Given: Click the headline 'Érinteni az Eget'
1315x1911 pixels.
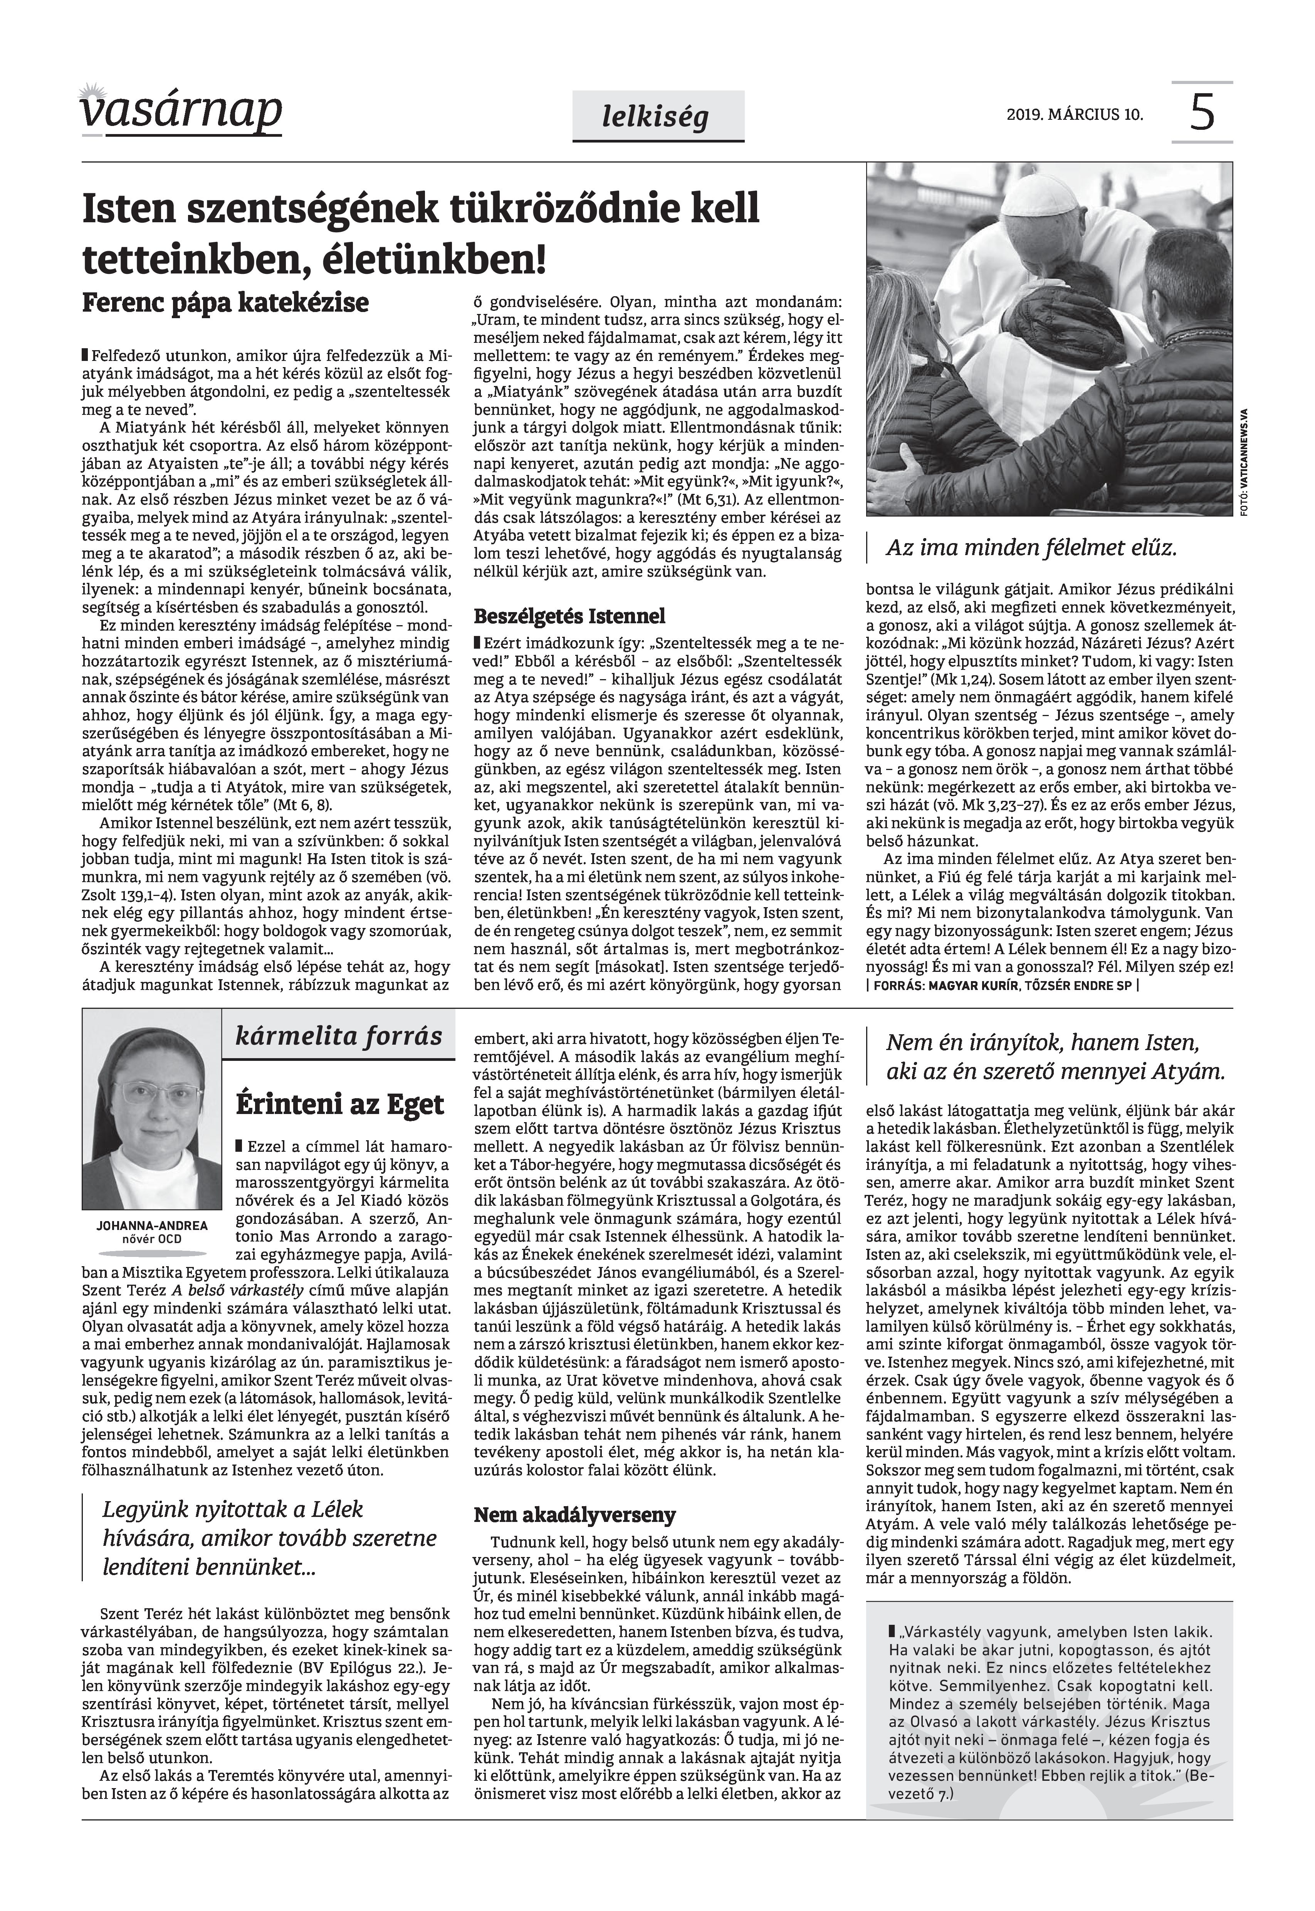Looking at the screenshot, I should [339, 1104].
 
